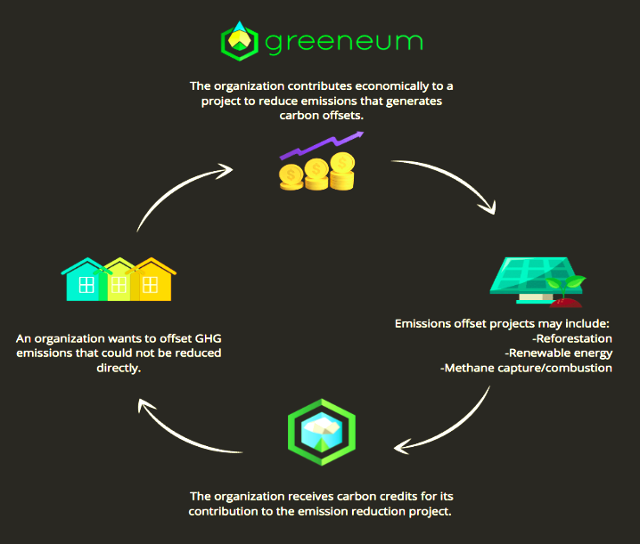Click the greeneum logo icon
[x=239, y=42]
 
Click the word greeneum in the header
[x=342, y=43]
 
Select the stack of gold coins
[x=316, y=173]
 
